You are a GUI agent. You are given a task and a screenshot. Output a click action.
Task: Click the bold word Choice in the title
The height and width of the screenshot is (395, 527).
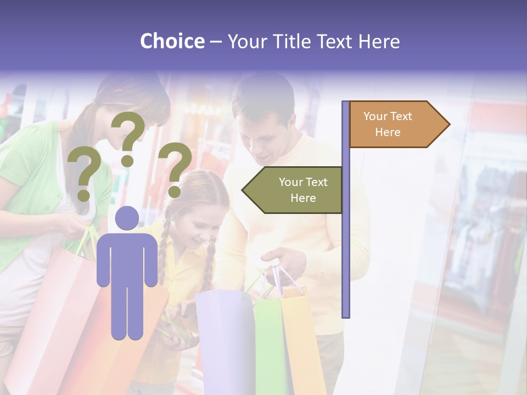(x=172, y=41)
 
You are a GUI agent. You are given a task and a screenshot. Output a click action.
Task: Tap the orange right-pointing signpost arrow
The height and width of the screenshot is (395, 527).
(x=395, y=124)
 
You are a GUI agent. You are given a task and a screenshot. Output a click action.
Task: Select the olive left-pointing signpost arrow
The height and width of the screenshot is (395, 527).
(x=294, y=190)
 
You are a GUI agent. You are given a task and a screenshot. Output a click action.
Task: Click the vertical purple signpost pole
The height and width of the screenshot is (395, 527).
(x=345, y=219)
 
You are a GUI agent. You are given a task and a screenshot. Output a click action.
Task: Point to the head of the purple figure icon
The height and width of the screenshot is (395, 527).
(x=127, y=218)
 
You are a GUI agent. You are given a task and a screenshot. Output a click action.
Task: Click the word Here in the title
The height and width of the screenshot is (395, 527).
(x=379, y=41)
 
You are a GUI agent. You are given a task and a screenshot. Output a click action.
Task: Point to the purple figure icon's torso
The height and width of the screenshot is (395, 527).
(x=127, y=258)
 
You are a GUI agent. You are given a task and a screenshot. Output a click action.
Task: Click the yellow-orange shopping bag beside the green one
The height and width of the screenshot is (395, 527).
(x=302, y=340)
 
